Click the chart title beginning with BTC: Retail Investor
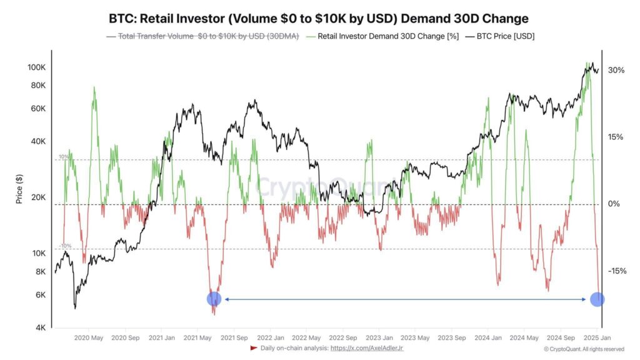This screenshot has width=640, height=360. tap(319, 18)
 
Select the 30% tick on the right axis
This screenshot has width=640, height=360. tap(616, 71)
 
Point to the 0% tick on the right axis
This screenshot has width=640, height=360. tap(614, 204)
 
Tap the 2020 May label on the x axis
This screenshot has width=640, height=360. tap(89, 337)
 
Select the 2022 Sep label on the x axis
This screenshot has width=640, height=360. tap(342, 337)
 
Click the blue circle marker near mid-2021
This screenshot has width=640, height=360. tap(214, 299)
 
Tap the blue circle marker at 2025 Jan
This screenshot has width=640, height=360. tap(597, 299)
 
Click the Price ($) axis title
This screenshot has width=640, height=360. tap(19, 188)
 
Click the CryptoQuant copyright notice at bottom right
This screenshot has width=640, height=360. tap(583, 349)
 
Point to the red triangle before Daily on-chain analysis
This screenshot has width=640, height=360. tap(253, 348)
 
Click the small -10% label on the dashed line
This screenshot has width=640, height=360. tap(64, 246)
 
